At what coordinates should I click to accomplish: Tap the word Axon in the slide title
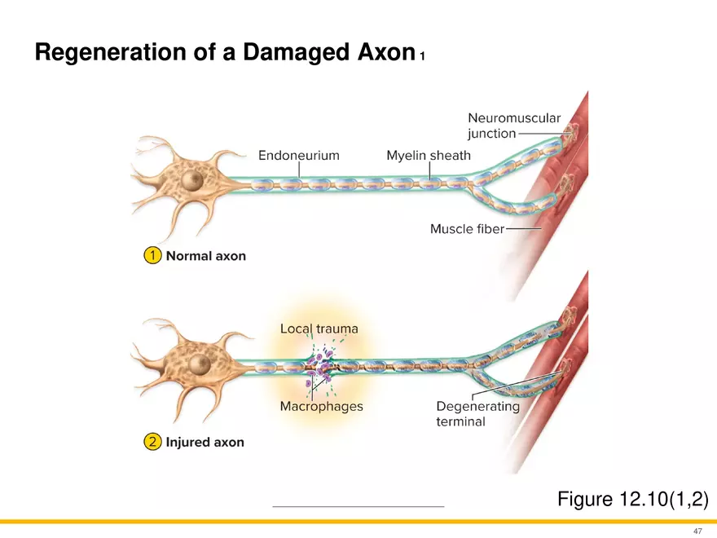[382, 53]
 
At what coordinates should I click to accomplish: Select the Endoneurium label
[299, 155]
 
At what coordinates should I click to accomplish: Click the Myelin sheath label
[429, 155]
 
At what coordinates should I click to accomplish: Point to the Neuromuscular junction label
[513, 126]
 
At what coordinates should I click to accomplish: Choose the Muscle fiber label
[467, 229]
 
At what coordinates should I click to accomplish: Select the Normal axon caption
[206, 256]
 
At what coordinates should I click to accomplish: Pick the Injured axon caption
[205, 442]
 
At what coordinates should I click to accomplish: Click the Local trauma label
[319, 329]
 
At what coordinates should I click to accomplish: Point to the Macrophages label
[321, 406]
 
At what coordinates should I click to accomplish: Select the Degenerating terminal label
[477, 413]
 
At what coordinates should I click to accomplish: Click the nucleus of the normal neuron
[193, 180]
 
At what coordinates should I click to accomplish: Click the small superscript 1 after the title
[422, 57]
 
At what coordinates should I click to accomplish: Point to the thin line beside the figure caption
[358, 507]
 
